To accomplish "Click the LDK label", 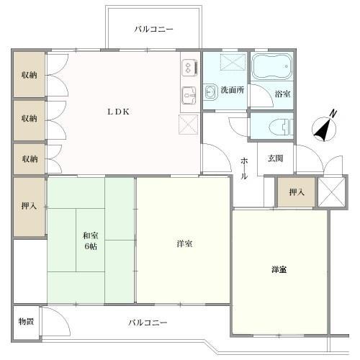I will coord(119,112).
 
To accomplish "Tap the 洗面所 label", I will coord(232,90).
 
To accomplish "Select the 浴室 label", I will coord(283,94).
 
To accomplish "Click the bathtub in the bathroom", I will coord(271,68).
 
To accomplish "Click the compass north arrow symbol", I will coord(325,127).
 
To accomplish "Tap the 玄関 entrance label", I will coord(275,158).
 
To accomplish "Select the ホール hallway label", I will coord(245,166).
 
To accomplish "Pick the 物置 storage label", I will coord(26,321).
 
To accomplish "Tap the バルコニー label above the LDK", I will coord(154,30).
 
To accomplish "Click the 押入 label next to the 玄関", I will coord(295,192).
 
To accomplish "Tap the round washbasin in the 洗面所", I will coord(210,91).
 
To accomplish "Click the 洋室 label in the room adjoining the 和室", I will coord(184,244).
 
